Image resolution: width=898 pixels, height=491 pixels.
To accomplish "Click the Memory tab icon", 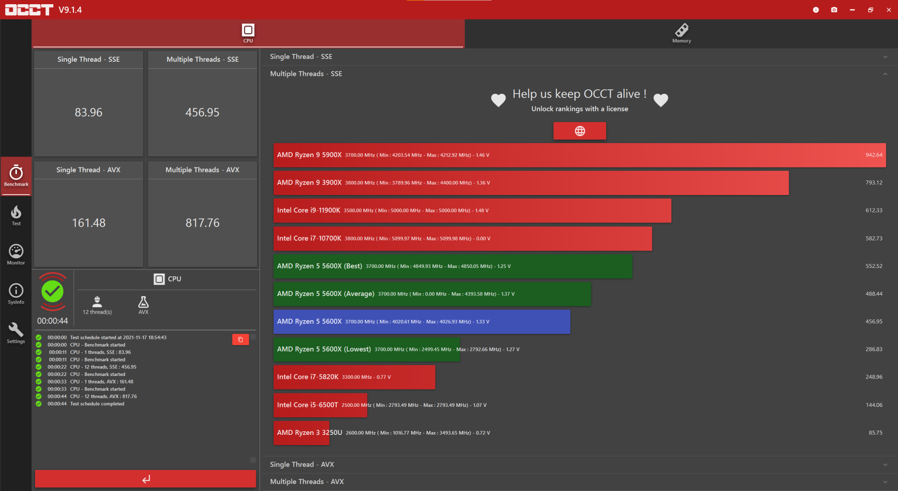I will point(681,31).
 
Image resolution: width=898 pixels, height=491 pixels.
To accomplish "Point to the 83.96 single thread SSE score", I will point(88,112).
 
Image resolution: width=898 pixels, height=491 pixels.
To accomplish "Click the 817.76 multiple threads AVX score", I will point(202,223).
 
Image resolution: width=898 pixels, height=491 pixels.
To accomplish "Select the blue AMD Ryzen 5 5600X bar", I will point(421,322).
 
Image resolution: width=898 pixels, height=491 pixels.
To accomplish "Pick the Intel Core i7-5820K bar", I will point(354,377).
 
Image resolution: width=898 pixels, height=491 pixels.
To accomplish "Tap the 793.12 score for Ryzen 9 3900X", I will point(873,183).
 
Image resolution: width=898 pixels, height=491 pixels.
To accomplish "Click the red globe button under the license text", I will point(579,131).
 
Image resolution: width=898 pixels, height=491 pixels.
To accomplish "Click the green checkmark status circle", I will point(52,292).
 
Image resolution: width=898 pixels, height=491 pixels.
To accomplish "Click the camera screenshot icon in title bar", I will point(834,10).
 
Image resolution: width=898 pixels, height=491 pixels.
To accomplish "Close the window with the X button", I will point(889,10).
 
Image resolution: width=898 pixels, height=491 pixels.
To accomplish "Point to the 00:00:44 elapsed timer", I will point(52,321).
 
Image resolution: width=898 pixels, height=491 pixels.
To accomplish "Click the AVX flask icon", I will point(144,302).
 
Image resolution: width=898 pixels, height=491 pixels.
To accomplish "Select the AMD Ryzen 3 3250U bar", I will point(320,433).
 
